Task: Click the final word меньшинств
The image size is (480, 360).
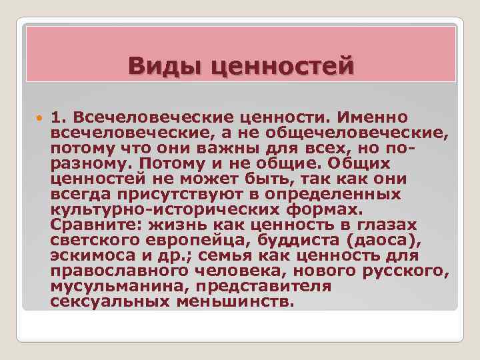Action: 234,301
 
